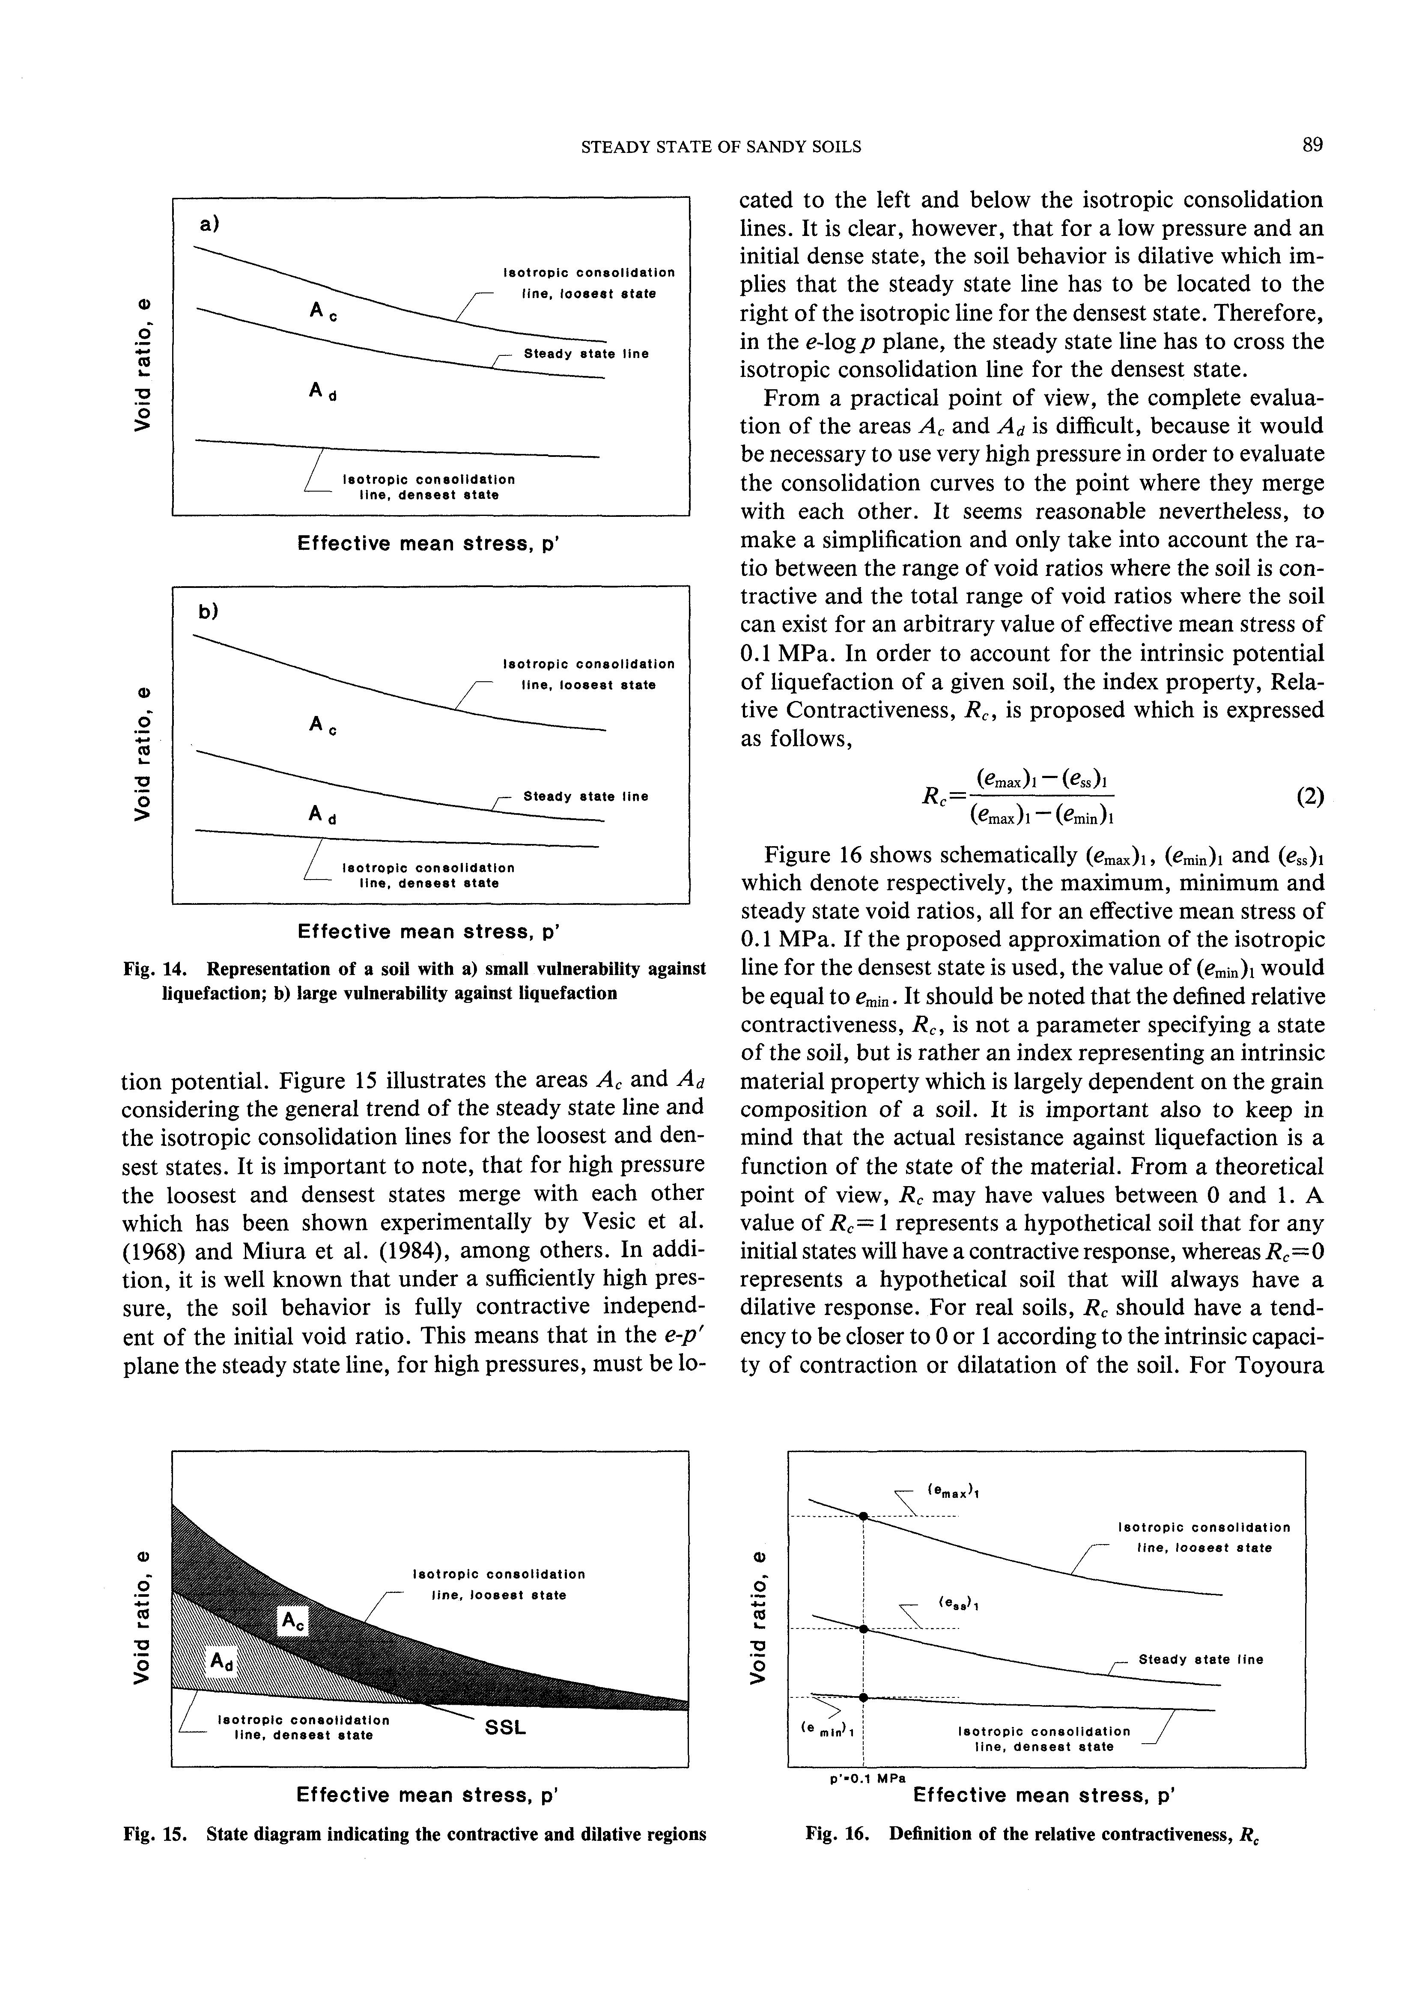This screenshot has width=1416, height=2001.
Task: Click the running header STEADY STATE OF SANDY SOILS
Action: [721, 147]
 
